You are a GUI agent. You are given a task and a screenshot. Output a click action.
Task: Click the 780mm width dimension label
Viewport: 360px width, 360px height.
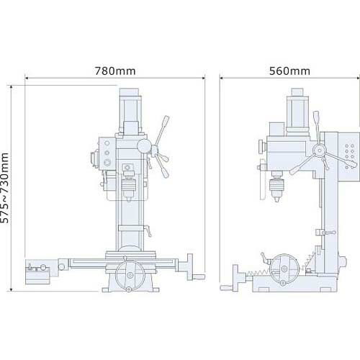point(115,71)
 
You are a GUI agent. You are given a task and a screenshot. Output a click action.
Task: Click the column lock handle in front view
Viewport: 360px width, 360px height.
point(149,231)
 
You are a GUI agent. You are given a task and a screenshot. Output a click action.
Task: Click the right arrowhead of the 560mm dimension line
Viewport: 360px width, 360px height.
point(357,78)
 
